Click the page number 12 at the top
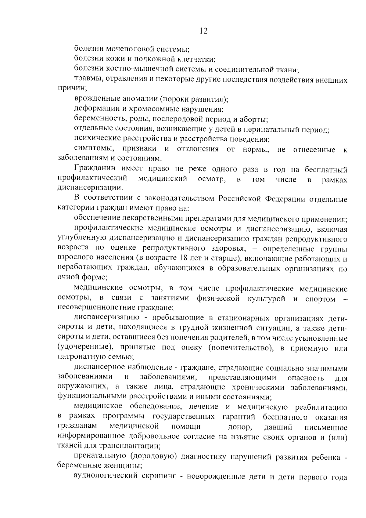(204, 31)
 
